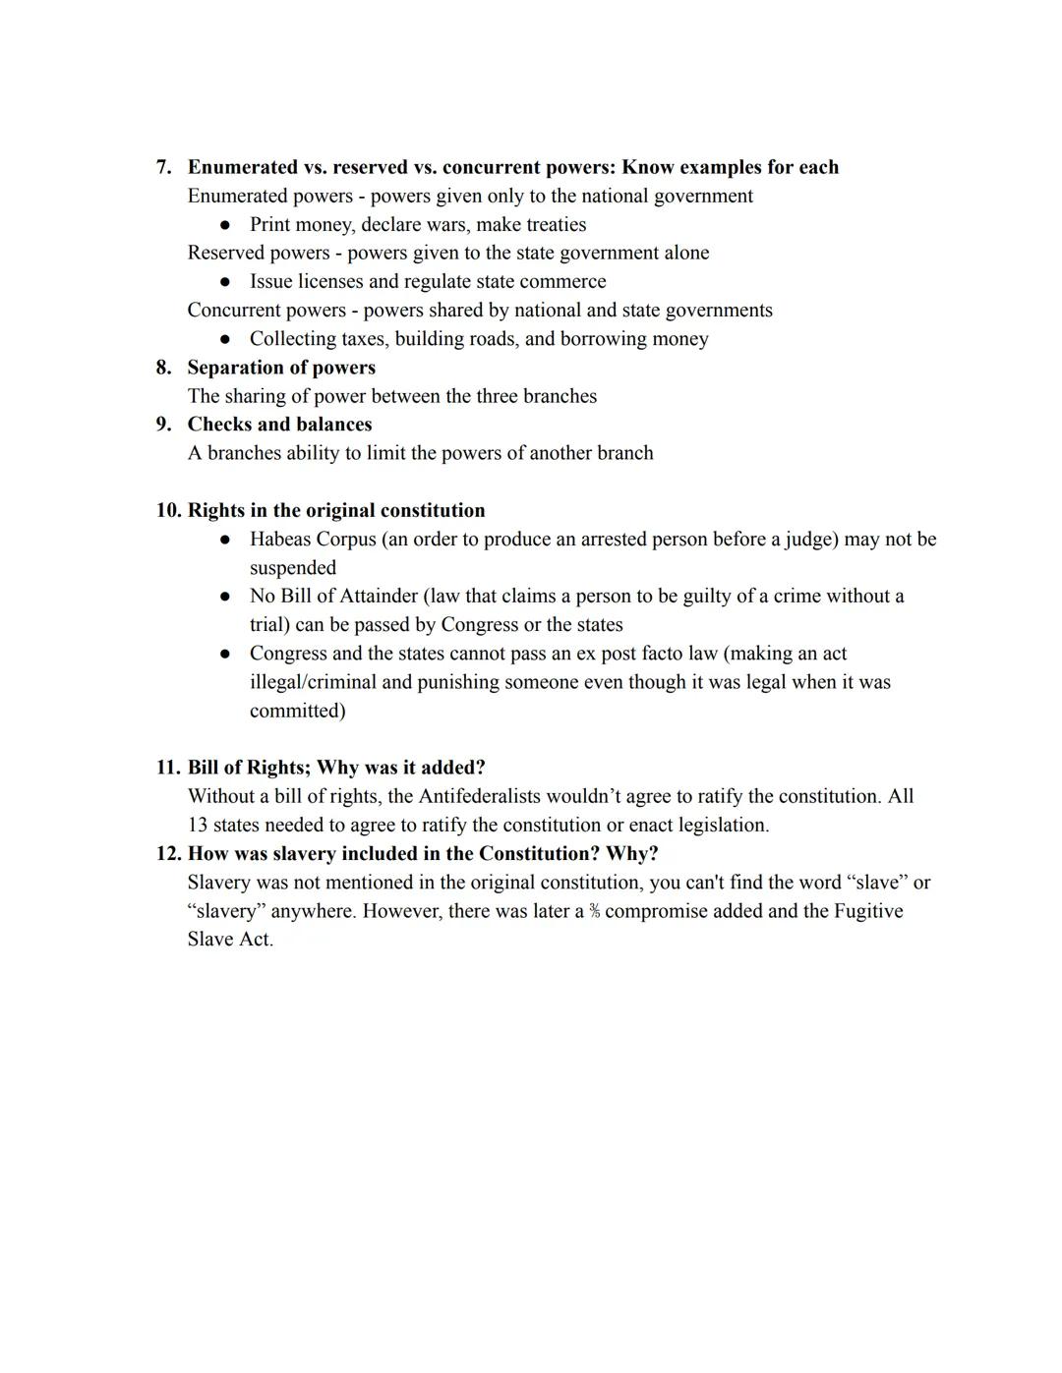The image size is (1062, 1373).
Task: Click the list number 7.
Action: click(163, 167)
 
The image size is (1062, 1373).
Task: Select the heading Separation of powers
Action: click(281, 368)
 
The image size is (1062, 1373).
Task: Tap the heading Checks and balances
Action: click(279, 425)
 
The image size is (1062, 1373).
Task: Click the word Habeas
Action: click(280, 540)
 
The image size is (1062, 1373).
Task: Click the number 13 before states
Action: click(198, 825)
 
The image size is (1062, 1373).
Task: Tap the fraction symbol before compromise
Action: click(594, 911)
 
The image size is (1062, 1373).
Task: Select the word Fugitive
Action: click(867, 911)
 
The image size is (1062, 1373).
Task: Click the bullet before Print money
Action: click(226, 225)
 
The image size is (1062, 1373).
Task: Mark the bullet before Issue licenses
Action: click(226, 282)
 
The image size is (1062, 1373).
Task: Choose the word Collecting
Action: click(292, 339)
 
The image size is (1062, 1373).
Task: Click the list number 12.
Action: click(168, 853)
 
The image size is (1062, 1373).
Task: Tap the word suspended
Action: click(293, 568)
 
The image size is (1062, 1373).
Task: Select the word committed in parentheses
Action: click(296, 711)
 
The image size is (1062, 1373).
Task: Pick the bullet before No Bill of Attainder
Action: click(226, 597)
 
